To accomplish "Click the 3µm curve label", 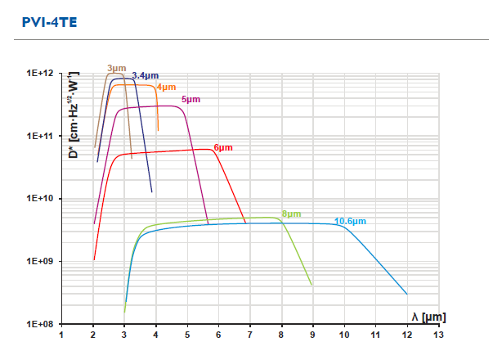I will [x=115, y=68].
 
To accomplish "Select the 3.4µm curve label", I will [x=145, y=75].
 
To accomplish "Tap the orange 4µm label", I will [x=166, y=87].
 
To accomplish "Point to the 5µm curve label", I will [x=190, y=99].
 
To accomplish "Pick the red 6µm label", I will [x=223, y=147].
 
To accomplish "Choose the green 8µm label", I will [x=290, y=214].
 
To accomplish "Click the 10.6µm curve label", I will [x=350, y=221].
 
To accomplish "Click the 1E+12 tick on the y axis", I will [x=39, y=74].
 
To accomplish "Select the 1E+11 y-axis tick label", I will [x=39, y=136].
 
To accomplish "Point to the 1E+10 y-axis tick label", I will [x=39, y=199].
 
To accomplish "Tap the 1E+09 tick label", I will [x=39, y=261].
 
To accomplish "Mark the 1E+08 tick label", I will [x=39, y=324].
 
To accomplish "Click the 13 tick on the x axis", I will [x=438, y=335].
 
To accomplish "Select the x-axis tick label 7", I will [x=250, y=335].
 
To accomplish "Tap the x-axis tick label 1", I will [x=62, y=335].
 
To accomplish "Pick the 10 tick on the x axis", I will [x=344, y=335].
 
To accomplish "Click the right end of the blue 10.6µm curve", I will [x=407, y=294].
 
